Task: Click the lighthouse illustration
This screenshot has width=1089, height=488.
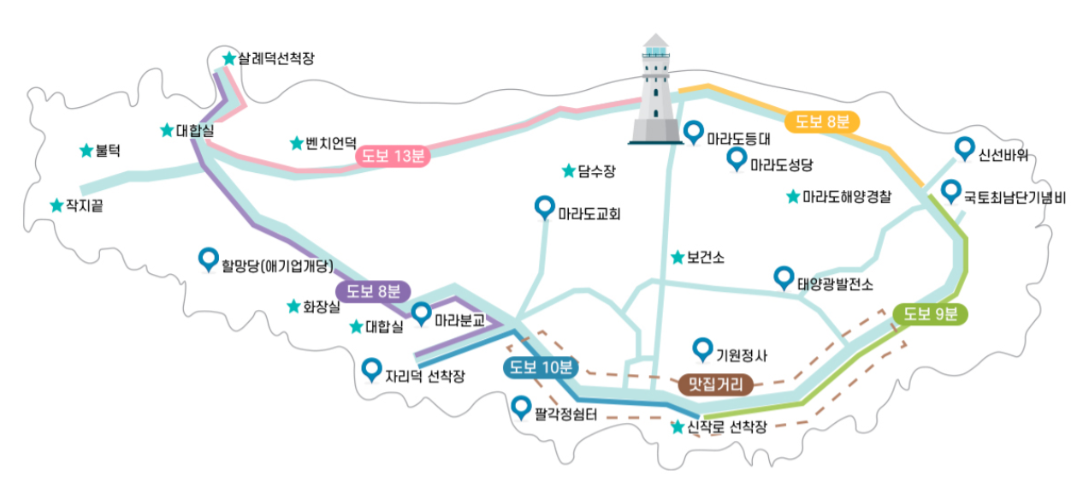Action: (x=655, y=90)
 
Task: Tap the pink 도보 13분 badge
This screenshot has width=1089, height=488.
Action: (x=393, y=155)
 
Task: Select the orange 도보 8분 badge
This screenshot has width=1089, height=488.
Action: (x=821, y=122)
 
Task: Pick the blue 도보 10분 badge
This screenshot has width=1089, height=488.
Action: (x=541, y=368)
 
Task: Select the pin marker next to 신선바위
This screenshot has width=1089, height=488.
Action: (x=965, y=149)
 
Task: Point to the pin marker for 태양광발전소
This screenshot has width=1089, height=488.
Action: (x=783, y=277)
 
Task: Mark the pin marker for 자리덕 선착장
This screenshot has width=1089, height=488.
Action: (x=371, y=369)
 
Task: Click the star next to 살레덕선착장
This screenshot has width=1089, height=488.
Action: (x=228, y=58)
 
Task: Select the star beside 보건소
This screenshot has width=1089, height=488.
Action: (x=677, y=257)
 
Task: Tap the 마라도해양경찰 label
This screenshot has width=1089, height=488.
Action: (x=846, y=197)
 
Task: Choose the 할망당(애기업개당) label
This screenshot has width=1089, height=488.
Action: (x=276, y=265)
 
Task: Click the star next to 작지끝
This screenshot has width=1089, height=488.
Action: (x=56, y=205)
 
